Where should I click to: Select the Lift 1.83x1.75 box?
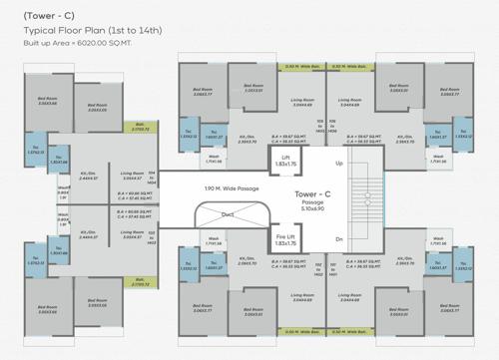285,162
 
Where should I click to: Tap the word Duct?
229,212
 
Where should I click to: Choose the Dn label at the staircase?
339,239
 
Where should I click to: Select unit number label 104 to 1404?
152,178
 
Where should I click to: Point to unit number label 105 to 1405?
319,126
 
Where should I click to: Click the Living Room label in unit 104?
133,176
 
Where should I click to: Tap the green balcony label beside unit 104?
141,128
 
